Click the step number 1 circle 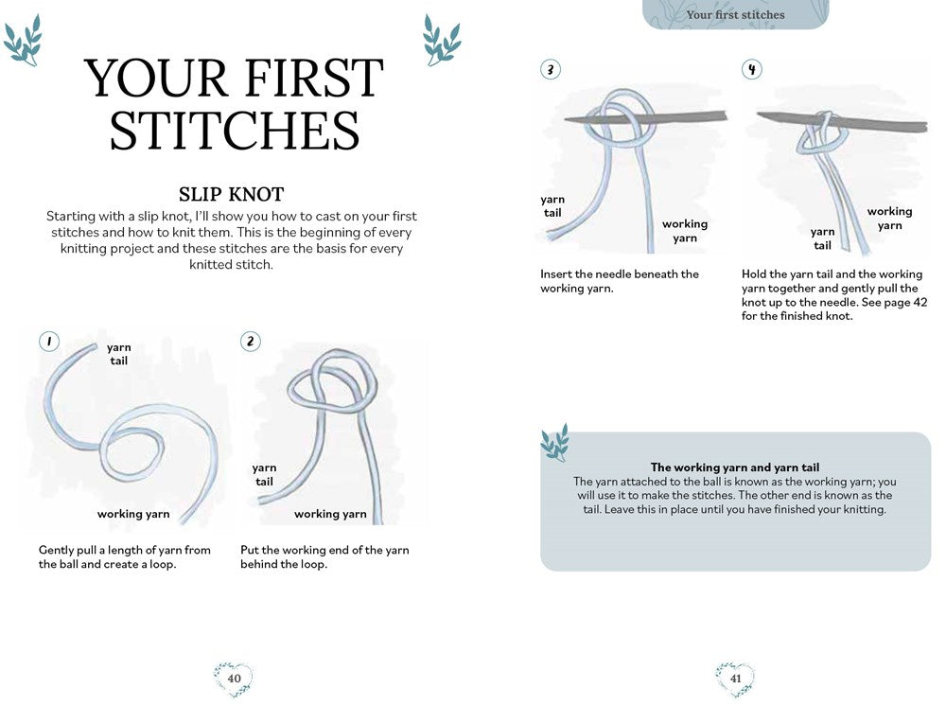click(48, 341)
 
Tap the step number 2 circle click(250, 341)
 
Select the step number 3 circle click(550, 69)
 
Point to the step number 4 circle click(751, 69)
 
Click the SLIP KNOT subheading click(232, 195)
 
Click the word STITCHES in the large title click(234, 132)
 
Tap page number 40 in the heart click(234, 679)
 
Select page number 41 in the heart click(735, 679)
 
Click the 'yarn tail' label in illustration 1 click(119, 354)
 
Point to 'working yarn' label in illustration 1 click(133, 514)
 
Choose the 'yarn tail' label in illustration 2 click(264, 475)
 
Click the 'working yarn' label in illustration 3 click(685, 231)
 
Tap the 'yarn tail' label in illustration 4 click(822, 238)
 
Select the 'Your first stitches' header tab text click(735, 15)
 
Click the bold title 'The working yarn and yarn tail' click(735, 467)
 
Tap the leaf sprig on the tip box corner click(555, 442)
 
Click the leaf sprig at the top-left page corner click(21, 40)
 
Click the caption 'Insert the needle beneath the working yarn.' click(620, 281)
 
